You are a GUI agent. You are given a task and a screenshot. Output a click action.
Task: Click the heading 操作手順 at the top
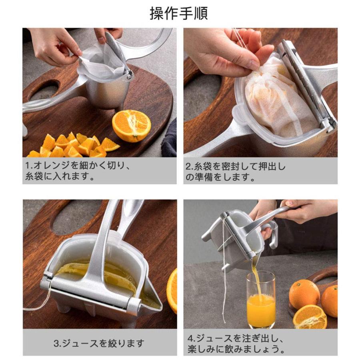[179, 14]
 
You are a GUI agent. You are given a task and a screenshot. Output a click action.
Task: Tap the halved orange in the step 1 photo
[131, 126]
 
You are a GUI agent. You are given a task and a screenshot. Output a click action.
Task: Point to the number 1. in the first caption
[29, 166]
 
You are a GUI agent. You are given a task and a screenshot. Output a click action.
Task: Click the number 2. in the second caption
[190, 167]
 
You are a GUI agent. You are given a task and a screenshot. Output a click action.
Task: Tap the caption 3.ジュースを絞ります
[99, 344]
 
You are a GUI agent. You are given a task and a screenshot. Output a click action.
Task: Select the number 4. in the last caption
[192, 338]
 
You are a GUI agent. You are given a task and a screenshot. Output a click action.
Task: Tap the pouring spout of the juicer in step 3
[150, 296]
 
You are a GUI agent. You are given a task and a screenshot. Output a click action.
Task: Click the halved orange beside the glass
[310, 317]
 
